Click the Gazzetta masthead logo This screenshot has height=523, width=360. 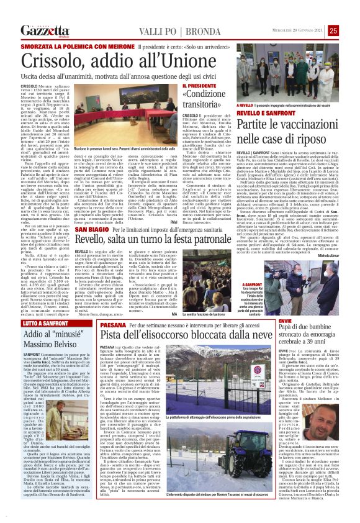tap(43, 30)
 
